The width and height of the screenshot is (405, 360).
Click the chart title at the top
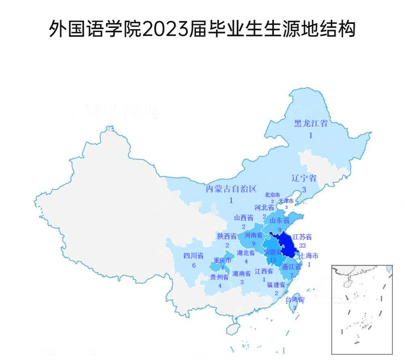[x=202, y=29]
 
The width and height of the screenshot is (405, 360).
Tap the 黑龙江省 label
[x=311, y=124]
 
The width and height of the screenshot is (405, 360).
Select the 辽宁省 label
[x=304, y=178]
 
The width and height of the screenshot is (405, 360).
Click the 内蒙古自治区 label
[x=231, y=189]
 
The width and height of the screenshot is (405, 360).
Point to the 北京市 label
[x=272, y=195]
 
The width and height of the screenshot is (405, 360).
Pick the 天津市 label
[x=286, y=201]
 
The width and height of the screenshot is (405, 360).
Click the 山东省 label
[x=279, y=221]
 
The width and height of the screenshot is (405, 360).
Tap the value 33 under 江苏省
[x=302, y=245]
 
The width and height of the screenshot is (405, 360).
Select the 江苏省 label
[x=302, y=237]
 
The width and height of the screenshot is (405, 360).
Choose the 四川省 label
[x=194, y=256]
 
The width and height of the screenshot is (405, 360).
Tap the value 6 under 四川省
[x=194, y=265]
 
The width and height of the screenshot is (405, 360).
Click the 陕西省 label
[x=227, y=236]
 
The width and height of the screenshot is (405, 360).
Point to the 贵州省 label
[x=220, y=277]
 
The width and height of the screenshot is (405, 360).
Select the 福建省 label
[x=276, y=285]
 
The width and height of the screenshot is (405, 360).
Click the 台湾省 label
[x=295, y=300]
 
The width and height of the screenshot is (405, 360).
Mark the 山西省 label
[x=244, y=218]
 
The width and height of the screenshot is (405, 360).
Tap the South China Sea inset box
[x=362, y=309]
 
